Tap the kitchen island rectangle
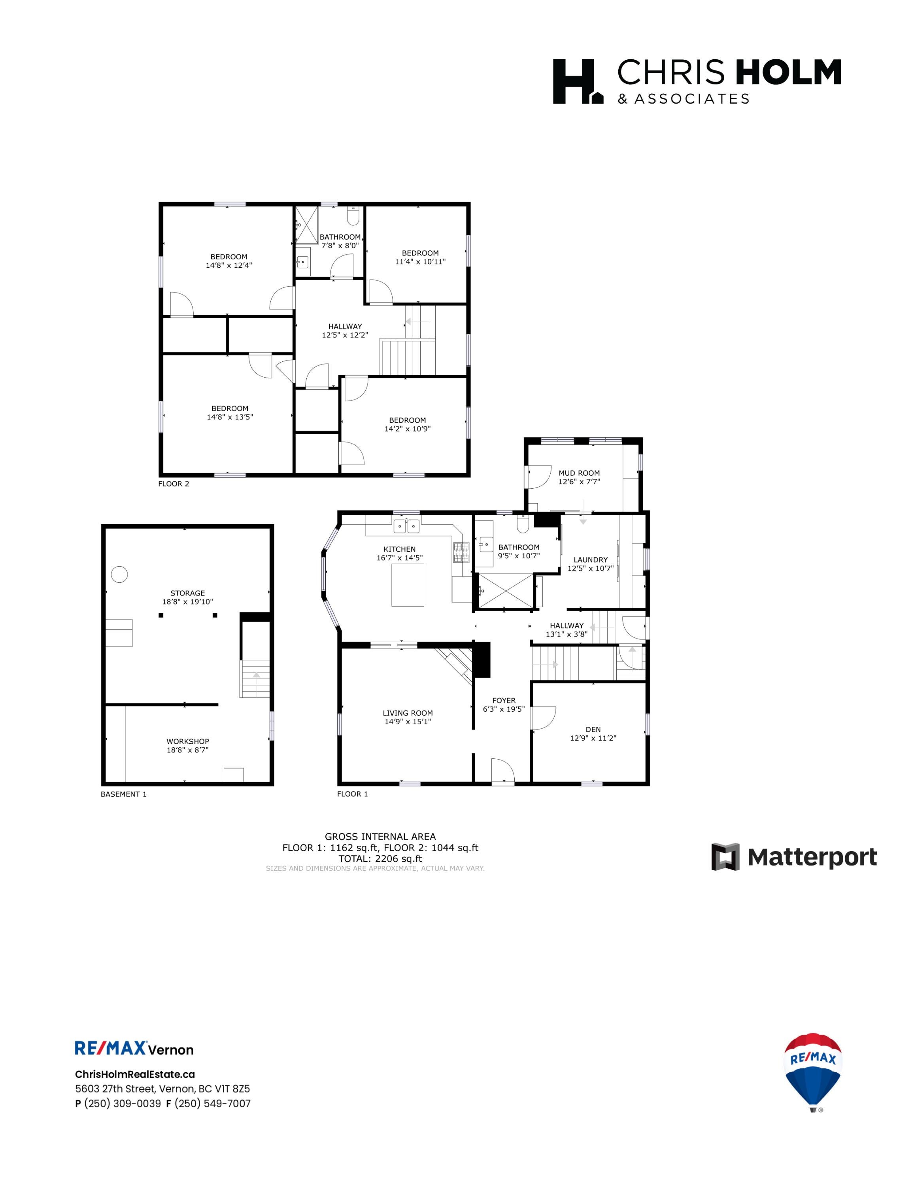pos(408,585)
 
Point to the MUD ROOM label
pos(579,473)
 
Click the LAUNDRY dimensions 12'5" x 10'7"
pos(590,568)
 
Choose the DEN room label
pos(593,729)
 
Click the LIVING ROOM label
pos(407,713)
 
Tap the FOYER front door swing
pos(502,770)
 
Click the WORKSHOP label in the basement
pos(187,741)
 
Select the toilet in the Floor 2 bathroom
pos(353,217)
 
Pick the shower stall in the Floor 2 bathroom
pos(306,225)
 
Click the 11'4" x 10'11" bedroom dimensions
pos(420,262)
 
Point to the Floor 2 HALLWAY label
pos(345,326)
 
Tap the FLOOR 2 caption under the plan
pos(173,484)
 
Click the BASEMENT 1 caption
pos(123,794)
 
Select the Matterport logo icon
pos(725,857)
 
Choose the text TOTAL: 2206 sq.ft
pos(380,858)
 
